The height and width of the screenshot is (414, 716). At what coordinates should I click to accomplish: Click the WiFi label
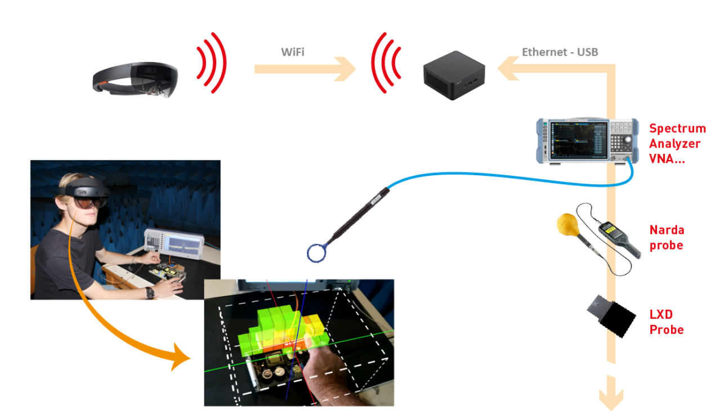tap(293, 52)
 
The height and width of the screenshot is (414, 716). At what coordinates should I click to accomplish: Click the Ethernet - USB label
tap(560, 52)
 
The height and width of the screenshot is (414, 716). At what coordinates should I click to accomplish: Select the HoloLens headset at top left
tap(135, 79)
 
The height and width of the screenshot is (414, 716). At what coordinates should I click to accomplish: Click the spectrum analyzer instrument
tap(586, 141)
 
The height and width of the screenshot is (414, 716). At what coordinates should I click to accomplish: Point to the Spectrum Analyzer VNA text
tap(676, 144)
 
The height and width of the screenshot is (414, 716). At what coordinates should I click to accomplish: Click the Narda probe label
tap(666, 238)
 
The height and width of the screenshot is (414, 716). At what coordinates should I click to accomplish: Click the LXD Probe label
tap(666, 322)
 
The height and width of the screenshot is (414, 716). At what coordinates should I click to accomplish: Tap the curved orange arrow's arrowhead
tap(181, 358)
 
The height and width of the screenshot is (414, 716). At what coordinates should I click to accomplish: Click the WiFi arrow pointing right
tap(305, 69)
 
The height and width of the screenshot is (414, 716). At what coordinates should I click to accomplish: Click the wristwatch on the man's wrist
tap(149, 292)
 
